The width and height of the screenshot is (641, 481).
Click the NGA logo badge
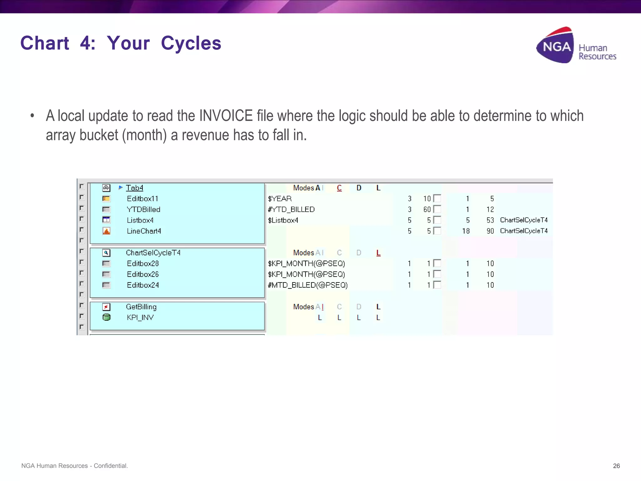556,46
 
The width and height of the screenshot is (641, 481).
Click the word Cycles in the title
191,43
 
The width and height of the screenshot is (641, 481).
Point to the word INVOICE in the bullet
226,116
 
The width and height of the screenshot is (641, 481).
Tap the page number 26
616,466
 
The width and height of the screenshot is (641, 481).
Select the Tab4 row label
135,188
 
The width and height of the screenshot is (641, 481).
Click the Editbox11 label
142,199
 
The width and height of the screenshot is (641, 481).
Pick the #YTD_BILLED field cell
291,209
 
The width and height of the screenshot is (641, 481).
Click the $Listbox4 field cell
283,220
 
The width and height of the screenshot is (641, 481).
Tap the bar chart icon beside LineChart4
106,231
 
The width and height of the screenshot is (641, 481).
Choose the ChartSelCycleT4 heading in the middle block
153,253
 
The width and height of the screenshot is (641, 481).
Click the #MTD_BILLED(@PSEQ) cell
308,285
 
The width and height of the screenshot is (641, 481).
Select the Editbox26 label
143,274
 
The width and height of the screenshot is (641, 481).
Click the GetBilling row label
141,307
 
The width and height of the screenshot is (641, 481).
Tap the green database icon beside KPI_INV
106,317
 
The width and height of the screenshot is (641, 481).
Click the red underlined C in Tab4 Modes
339,188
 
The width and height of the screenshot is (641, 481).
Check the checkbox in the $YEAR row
437,199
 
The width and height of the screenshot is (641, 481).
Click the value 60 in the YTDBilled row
427,209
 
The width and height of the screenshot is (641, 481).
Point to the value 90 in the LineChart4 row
490,231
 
